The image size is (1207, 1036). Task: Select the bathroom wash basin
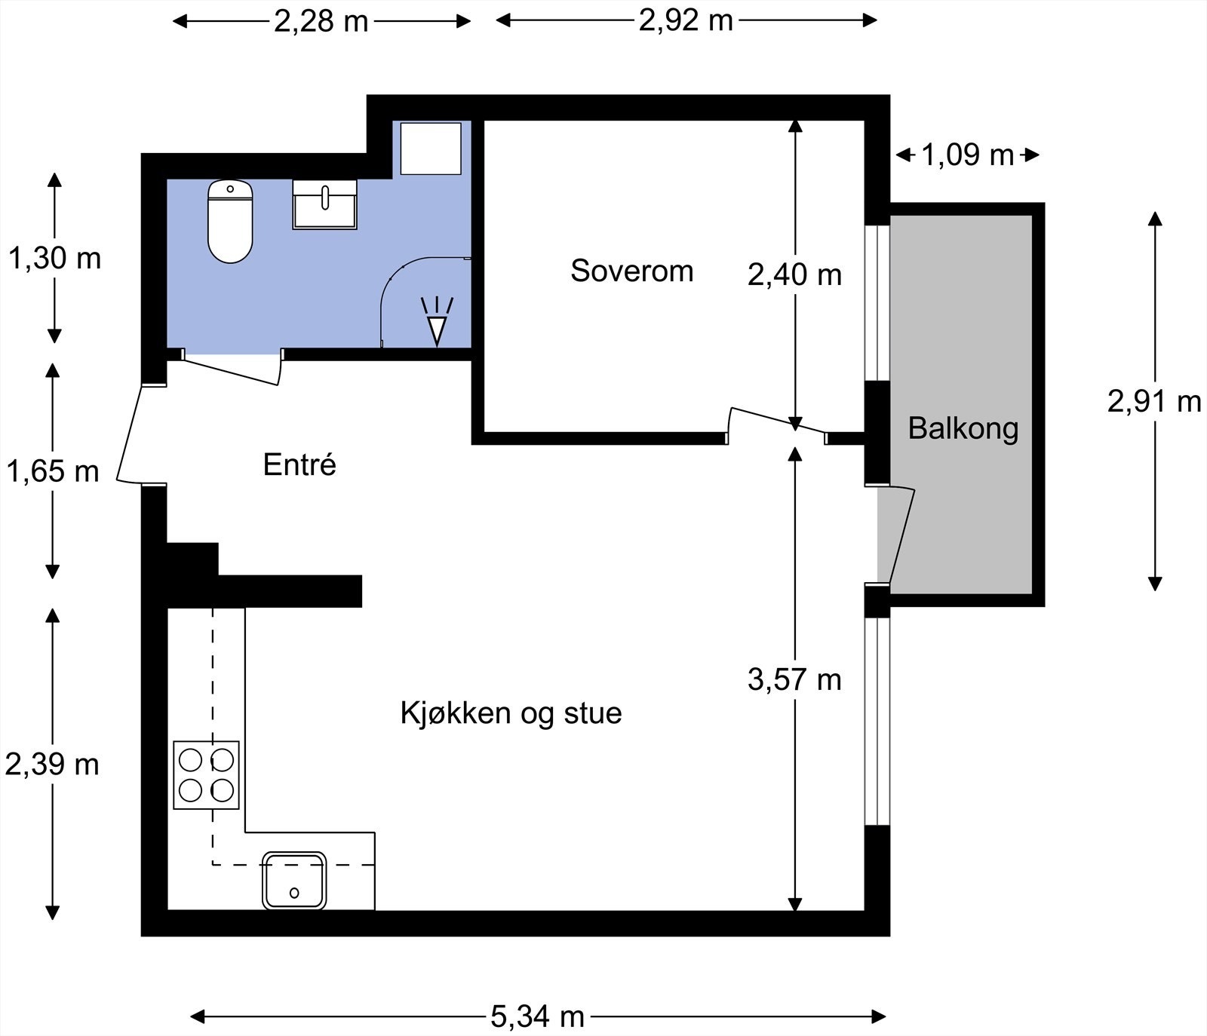click(x=324, y=204)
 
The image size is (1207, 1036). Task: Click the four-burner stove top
click(x=206, y=775)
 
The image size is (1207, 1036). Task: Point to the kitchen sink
click(x=294, y=880)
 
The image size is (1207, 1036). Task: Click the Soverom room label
click(x=631, y=271)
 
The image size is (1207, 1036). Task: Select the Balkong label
click(x=963, y=428)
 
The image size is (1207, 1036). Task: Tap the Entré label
click(x=299, y=464)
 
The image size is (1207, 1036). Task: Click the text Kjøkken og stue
click(x=511, y=713)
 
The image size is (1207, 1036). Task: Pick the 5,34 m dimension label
click(x=537, y=1016)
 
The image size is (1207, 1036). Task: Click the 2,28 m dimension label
click(x=321, y=21)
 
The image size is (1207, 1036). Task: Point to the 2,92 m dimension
click(x=686, y=20)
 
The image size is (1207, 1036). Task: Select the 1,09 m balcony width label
click(x=967, y=155)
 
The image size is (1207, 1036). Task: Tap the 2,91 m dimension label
click(x=1153, y=401)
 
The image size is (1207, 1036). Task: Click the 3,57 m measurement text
click(x=794, y=679)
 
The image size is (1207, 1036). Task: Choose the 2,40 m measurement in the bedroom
click(x=794, y=275)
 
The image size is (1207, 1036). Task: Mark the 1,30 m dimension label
click(x=54, y=259)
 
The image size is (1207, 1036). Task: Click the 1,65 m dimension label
click(x=53, y=471)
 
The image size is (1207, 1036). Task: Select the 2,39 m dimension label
click(x=53, y=765)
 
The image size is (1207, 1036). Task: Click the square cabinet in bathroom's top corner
click(x=430, y=149)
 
